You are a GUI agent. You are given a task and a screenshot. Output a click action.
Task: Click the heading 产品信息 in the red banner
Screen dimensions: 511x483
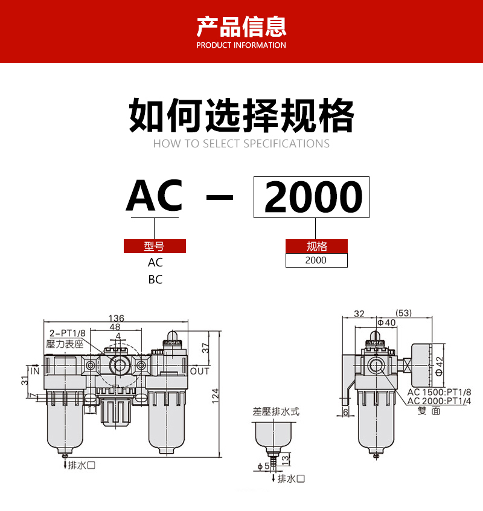pos(241,26)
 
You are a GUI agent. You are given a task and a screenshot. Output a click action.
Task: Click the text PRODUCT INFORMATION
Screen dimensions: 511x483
pos(241,45)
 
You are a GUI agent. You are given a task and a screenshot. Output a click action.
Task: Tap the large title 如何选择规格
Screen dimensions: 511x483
pos(241,116)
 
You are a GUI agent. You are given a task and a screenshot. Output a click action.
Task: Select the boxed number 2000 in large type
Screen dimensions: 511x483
pos(312,198)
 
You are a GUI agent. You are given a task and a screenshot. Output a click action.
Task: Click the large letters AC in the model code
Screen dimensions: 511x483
pos(154,196)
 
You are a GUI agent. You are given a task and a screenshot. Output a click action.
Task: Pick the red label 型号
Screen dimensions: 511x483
pos(155,246)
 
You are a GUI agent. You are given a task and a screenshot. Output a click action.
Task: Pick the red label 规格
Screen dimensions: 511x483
pos(316,246)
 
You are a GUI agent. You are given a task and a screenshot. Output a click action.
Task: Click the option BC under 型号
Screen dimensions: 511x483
pos(155,280)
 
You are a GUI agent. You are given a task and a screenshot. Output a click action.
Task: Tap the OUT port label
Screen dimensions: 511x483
pos(200,371)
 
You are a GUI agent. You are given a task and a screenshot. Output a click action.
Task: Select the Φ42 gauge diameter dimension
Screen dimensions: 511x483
pos(440,366)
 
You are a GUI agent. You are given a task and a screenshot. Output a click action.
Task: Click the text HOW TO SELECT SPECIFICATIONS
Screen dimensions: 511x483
pos(241,144)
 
